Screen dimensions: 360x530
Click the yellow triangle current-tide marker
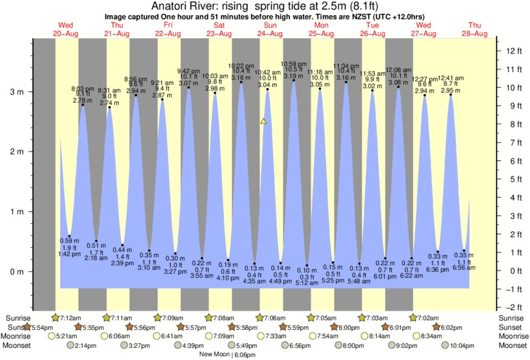click(x=263, y=122)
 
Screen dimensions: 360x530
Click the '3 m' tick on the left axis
click(x=14, y=92)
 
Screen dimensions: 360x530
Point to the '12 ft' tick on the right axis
click(x=513, y=51)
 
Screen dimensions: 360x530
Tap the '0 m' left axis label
click(x=14, y=271)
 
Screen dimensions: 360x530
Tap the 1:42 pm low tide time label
click(x=65, y=254)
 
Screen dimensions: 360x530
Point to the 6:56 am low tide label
click(x=464, y=268)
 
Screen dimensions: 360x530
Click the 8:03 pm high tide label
click(x=83, y=88)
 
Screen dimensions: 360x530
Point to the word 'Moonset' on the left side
click(x=18, y=346)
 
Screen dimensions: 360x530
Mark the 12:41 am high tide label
click(x=450, y=78)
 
